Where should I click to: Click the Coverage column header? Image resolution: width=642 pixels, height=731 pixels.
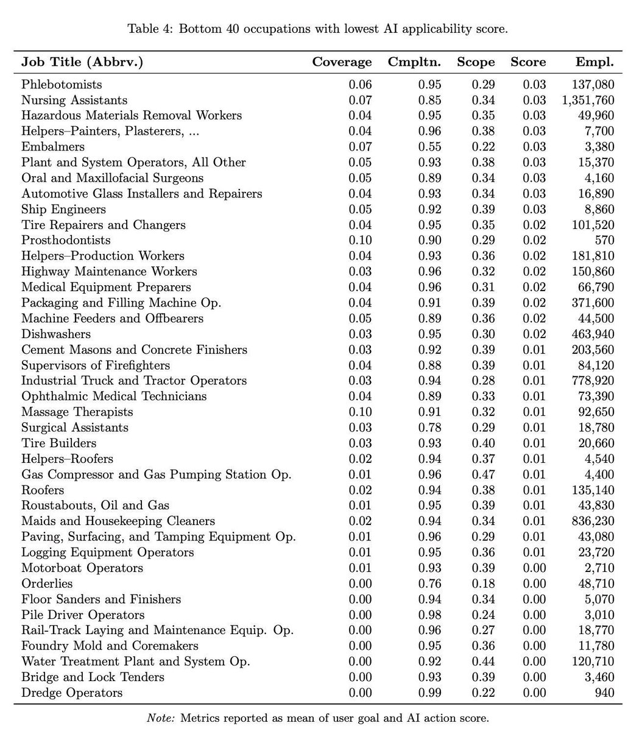coord(342,62)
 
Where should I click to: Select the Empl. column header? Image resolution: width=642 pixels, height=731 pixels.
coord(594,62)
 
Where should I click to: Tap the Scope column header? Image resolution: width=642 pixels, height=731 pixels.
coord(476,62)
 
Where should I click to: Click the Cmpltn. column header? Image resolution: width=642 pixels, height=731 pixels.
coord(414,62)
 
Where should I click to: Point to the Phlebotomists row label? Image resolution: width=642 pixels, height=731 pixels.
coord(62,85)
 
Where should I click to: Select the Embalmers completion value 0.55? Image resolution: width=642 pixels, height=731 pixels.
coord(429,147)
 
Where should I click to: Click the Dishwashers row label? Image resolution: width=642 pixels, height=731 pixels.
coord(56,334)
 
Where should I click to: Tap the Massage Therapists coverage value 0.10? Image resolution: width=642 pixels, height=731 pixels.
coord(360,412)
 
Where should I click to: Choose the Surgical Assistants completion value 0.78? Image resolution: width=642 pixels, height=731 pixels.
coord(429,428)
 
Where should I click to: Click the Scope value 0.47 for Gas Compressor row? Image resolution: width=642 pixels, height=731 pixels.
coord(483,475)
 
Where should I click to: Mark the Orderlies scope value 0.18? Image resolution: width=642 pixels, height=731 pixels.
coord(483,584)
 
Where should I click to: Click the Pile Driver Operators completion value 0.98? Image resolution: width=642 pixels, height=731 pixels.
coord(429,615)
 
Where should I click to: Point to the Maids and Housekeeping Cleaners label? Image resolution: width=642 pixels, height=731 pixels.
coord(118,521)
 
